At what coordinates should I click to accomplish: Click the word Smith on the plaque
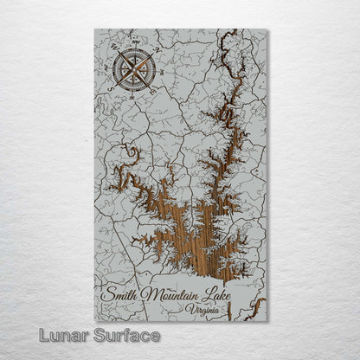click(118, 294)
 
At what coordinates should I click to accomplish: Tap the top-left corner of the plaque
click(94, 29)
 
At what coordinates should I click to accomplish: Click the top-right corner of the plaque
click(267, 29)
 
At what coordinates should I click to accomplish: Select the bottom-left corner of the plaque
click(94, 321)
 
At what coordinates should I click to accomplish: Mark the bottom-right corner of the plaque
click(267, 321)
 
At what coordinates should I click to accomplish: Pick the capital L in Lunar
click(31, 335)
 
